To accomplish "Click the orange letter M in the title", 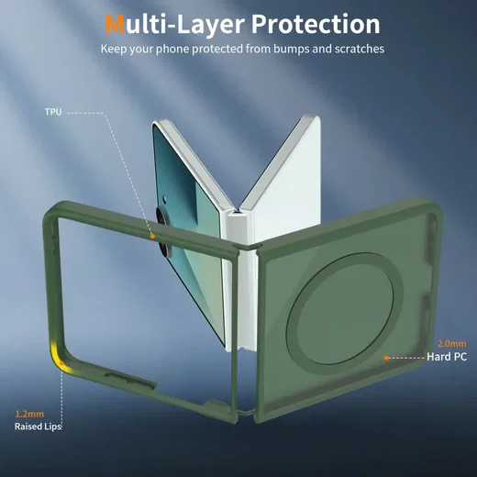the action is pyautogui.click(x=115, y=24).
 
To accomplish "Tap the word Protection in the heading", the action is pyautogui.click(x=316, y=24).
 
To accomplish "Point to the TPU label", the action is pyautogui.click(x=53, y=112).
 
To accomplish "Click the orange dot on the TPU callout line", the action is pyautogui.click(x=152, y=236).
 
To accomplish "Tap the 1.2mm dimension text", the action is pyautogui.click(x=29, y=414).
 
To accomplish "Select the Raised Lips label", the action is pyautogui.click(x=38, y=427).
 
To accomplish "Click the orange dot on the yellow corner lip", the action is pyautogui.click(x=61, y=363).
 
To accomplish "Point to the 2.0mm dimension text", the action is pyautogui.click(x=452, y=344).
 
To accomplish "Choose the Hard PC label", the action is pyautogui.click(x=447, y=357).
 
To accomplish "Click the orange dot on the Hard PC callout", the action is pyautogui.click(x=386, y=358).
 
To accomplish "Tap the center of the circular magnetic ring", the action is pyautogui.click(x=340, y=309).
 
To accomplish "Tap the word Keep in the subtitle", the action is pyautogui.click(x=114, y=50).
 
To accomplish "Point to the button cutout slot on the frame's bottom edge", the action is pyautogui.click(x=130, y=380).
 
